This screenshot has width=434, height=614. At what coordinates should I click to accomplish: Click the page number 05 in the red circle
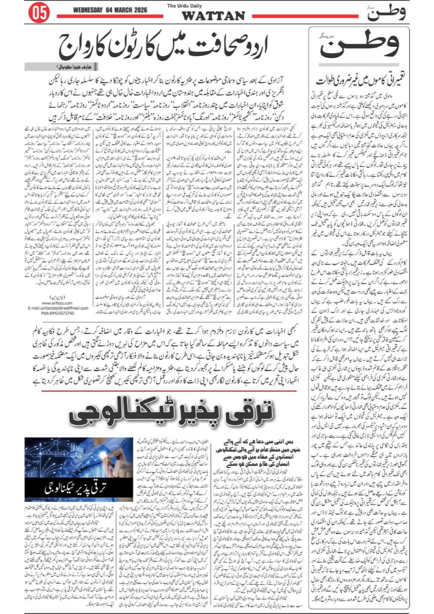point(38,13)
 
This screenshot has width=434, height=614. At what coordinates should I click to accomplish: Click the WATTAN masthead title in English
point(213,16)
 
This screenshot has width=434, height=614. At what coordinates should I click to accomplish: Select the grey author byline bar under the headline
point(61,67)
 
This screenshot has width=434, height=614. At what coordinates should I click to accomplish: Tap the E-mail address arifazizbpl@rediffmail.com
point(58,308)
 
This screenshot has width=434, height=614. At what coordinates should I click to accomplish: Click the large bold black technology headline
point(171,413)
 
